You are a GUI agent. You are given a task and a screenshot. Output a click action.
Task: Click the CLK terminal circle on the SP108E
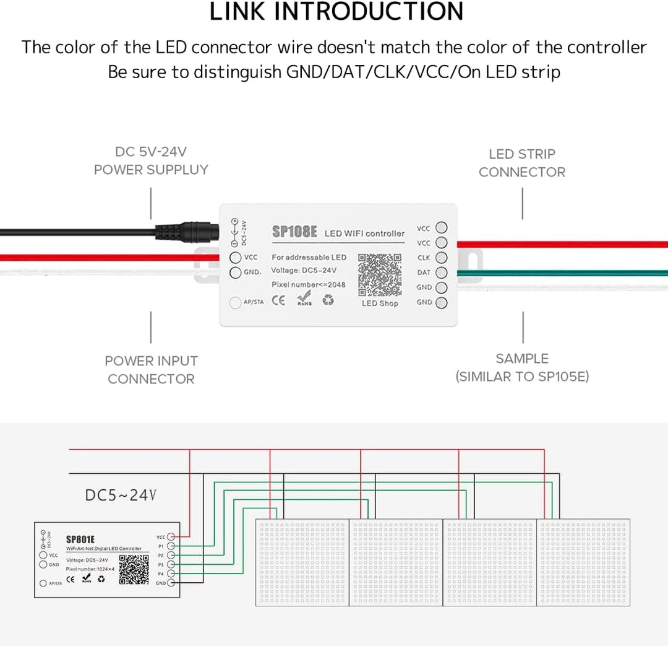click(441, 258)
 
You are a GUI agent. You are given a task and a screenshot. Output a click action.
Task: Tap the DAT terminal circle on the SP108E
click(441, 273)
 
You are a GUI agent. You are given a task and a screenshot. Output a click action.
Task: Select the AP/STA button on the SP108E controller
click(235, 303)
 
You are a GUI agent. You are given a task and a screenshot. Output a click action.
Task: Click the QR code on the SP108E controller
click(379, 274)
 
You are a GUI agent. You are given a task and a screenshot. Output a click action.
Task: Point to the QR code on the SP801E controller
click(134, 570)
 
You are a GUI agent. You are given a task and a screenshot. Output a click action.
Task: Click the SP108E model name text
click(294, 232)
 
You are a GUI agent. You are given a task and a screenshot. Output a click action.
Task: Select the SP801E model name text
click(80, 539)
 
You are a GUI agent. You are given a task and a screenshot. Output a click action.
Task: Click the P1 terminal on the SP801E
click(171, 546)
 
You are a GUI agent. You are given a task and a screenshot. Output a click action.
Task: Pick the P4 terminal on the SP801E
click(171, 574)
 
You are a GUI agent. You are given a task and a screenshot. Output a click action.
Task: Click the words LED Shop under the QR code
click(380, 303)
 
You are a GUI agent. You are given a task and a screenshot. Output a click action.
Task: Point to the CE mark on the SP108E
click(279, 301)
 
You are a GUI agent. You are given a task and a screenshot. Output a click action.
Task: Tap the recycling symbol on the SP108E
click(328, 301)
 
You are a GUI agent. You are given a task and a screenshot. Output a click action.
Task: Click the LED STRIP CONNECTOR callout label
click(522, 163)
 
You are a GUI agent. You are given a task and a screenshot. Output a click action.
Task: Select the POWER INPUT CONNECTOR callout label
click(151, 370)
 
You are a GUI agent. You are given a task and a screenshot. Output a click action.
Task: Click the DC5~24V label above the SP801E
click(121, 495)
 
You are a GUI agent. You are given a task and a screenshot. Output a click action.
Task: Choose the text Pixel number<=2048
click(309, 284)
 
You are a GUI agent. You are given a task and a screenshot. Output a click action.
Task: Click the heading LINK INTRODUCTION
click(336, 12)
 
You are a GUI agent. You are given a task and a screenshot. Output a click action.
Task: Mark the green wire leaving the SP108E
click(557, 273)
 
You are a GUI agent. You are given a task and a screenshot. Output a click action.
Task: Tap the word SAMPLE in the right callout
click(522, 359)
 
